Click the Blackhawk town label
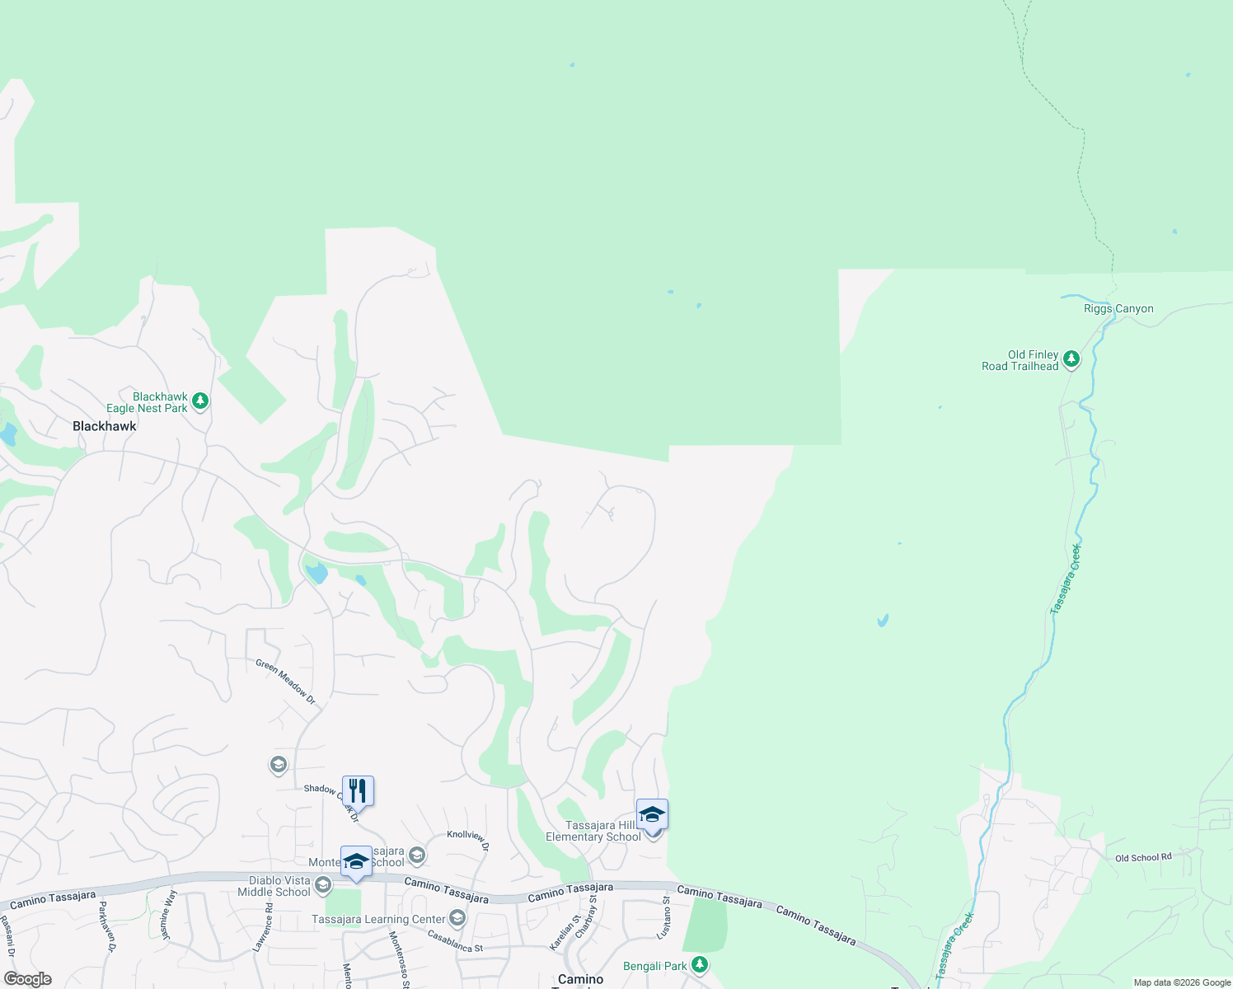point(105,426)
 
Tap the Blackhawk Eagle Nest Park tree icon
point(200,402)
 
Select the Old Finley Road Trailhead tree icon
point(1071,359)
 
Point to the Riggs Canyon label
point(1118,309)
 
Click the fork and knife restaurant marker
point(358,791)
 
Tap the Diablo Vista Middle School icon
point(322,886)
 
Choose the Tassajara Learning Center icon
point(457,918)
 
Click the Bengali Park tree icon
point(699,964)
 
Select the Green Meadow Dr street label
point(285,681)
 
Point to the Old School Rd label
point(1143,858)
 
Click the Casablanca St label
point(455,941)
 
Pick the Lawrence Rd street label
point(262,928)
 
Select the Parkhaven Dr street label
point(107,927)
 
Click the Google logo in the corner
point(28,979)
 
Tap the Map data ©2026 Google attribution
point(1182,982)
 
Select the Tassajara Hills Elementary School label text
point(593,831)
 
